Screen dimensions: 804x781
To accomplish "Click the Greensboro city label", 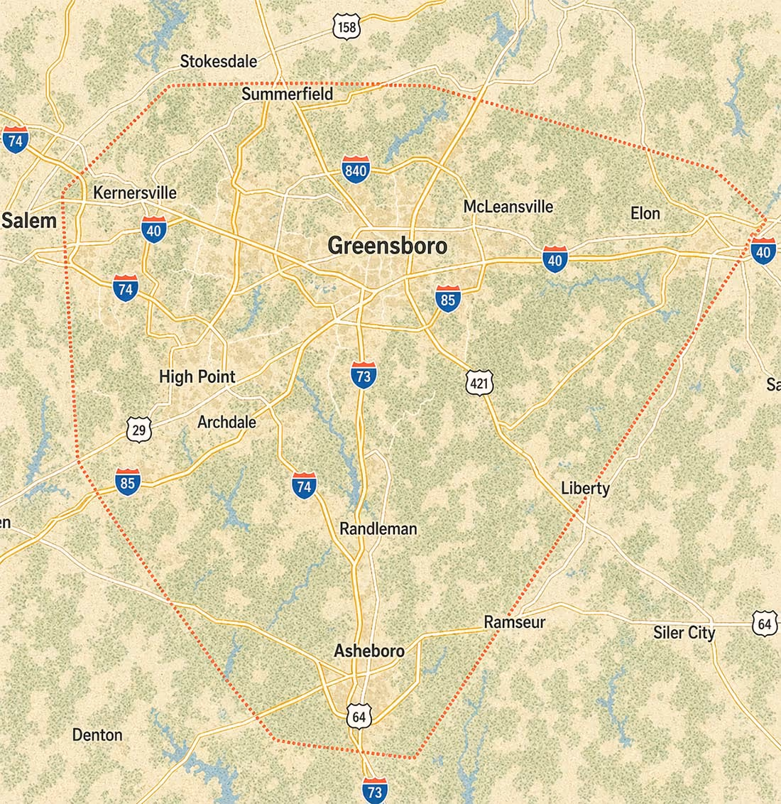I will (388, 246).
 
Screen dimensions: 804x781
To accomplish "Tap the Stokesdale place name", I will (218, 61).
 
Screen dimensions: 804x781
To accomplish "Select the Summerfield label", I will (287, 94).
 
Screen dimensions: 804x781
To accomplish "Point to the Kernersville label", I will (135, 192).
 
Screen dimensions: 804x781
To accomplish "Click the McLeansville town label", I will (508, 207).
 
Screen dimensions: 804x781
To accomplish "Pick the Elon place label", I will (645, 213).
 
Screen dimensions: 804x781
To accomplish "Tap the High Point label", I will (197, 376).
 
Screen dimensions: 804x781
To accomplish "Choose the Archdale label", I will (226, 422).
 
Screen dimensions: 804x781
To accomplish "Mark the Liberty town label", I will (585, 488).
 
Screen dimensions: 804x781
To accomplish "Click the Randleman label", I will (378, 528).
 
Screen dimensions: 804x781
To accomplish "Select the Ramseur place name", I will (515, 622).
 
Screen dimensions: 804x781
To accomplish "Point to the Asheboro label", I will (369, 651).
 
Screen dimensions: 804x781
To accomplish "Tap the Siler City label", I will (684, 632).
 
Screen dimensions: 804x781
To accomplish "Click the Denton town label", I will (97, 734).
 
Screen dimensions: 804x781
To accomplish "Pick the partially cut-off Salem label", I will (28, 220).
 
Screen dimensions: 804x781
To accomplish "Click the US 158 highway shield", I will (346, 28).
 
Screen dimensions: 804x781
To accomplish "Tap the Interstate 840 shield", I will (355, 169).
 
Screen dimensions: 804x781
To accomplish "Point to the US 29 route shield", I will (139, 429).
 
